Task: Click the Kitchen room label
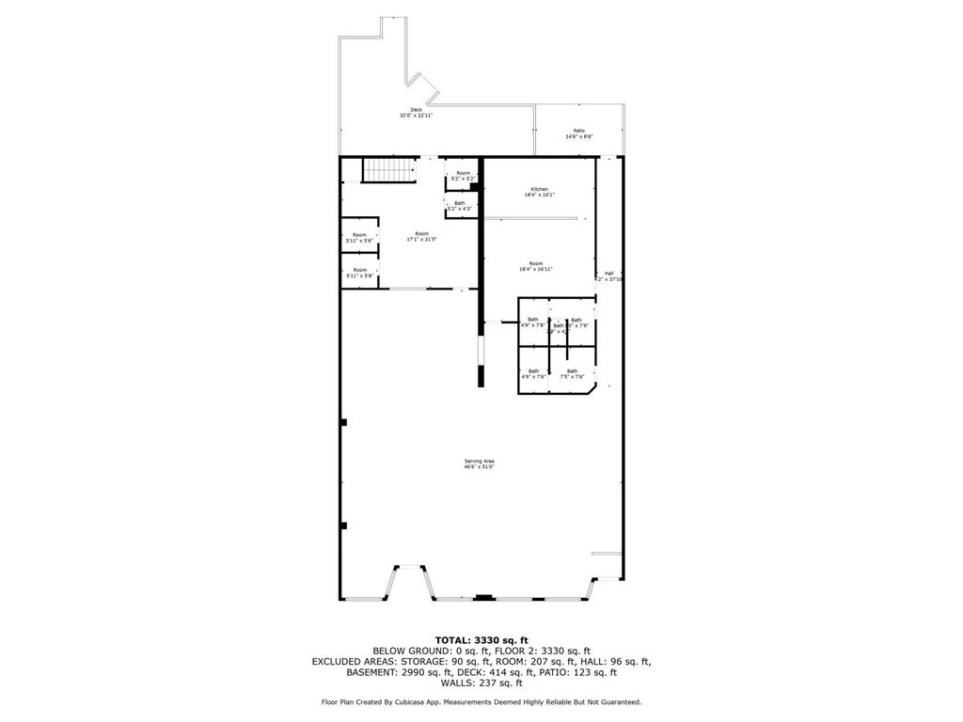[x=539, y=190]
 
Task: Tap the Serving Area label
[x=479, y=461]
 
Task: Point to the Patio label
[x=578, y=131]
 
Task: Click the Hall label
[x=608, y=274]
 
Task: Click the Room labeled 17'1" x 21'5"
[x=422, y=234]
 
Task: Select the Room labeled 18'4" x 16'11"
[x=535, y=263]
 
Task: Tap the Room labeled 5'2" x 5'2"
[x=463, y=173]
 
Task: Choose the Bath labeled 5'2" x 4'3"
[x=459, y=203]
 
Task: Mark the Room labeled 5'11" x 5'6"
[x=359, y=235]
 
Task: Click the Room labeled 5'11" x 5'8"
[x=359, y=270]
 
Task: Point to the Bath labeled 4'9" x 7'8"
[x=533, y=320]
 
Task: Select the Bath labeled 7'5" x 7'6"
[x=572, y=371]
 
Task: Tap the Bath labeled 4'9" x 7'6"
[x=533, y=371]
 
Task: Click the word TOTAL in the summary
[x=455, y=639]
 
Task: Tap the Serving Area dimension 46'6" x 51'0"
[x=479, y=466]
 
